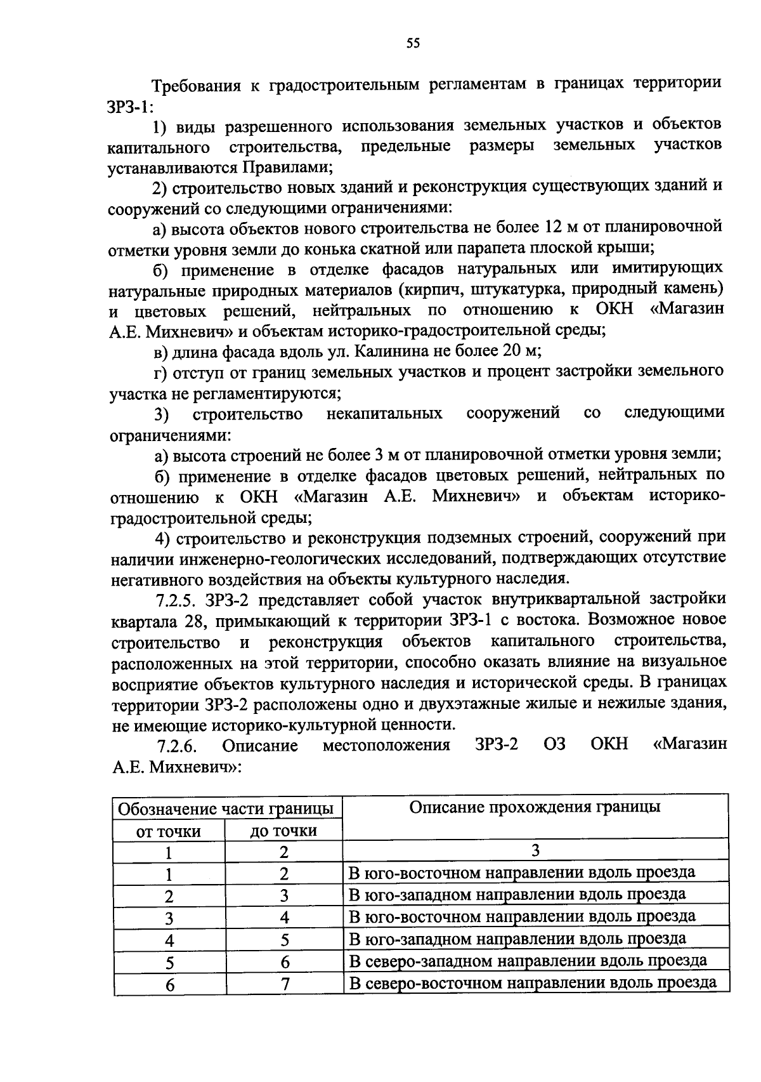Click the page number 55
413,43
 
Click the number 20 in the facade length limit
509,351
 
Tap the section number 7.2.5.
178,600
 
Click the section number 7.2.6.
178,744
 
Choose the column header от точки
169,831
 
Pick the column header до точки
283,831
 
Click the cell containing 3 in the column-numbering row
535,850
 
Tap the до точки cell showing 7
284,984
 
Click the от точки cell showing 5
169,962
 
